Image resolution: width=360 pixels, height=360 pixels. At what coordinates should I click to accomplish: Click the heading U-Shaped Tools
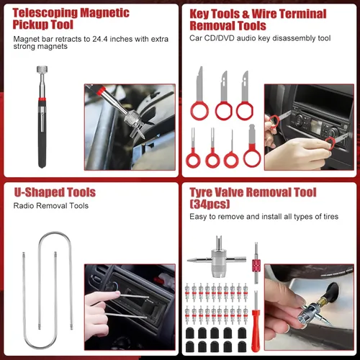pos(55,193)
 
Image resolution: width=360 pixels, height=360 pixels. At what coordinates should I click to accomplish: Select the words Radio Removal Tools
pos(51,205)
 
